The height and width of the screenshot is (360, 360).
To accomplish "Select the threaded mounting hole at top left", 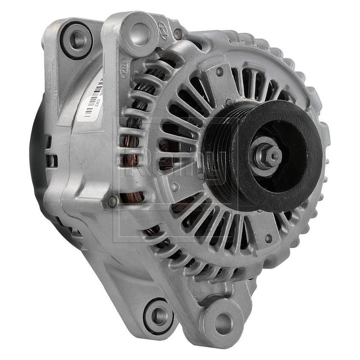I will tap(77, 40).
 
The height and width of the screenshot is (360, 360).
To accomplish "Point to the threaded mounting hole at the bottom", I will tap(159, 315).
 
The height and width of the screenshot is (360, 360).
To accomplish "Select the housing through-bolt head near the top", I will tap(178, 34).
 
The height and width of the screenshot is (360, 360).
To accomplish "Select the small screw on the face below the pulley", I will tap(267, 238).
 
